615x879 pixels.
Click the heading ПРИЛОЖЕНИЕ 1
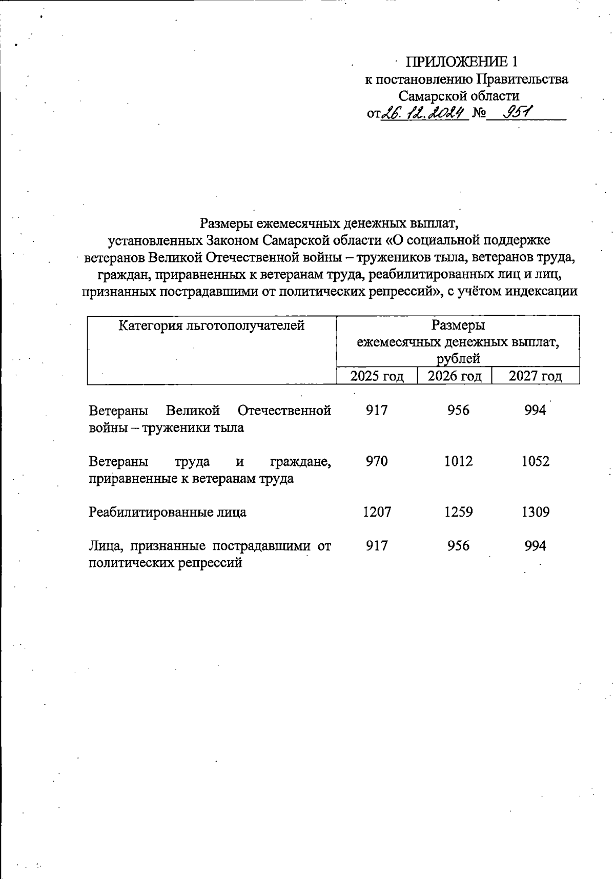coord(462,62)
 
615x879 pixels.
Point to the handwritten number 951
coord(518,111)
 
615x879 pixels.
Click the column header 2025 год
coord(377,376)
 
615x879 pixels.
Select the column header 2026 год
coord(455,376)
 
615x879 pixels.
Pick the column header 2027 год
coord(535,376)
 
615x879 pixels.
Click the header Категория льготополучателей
coord(212,325)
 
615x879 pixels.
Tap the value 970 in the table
coord(377,461)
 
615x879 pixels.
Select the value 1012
coord(458,461)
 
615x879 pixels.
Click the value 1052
coord(536,461)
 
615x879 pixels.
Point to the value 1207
coord(377,512)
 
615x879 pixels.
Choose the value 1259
coord(458,512)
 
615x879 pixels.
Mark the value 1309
coord(536,512)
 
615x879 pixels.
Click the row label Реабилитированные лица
coord(167,512)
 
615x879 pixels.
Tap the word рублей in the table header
coord(458,358)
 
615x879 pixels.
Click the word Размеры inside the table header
coord(458,325)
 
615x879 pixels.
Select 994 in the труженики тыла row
coord(536,411)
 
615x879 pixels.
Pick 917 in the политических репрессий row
coord(377,546)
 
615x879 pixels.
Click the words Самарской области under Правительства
coord(459,96)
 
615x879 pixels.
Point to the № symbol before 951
coord(478,112)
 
